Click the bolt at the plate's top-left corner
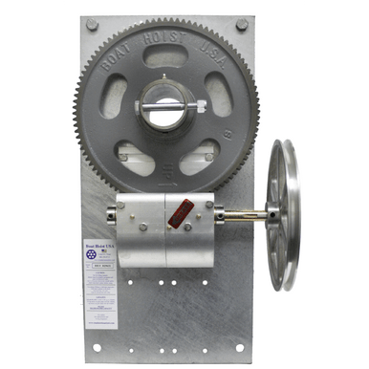92,25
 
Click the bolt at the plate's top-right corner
241,24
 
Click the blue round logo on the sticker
100,260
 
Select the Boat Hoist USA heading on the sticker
100,247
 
